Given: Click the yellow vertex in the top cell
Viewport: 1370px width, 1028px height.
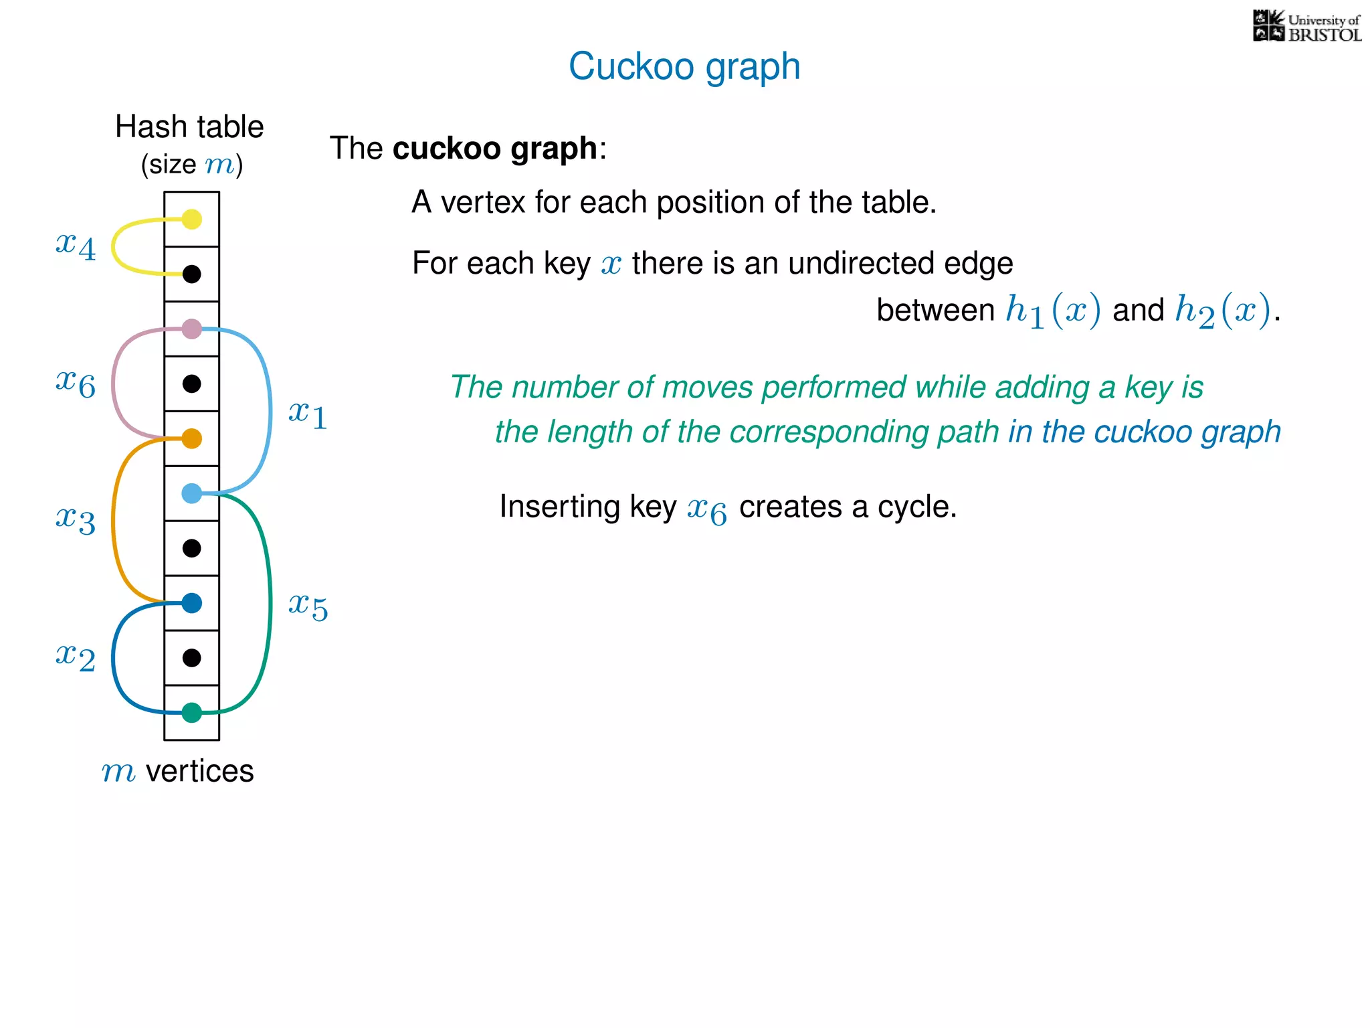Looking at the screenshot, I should (192, 220).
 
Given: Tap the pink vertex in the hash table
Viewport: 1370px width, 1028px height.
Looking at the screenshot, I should (192, 329).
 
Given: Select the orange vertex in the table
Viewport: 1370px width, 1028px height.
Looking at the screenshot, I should (192, 439).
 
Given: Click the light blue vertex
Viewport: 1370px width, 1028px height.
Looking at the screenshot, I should (192, 494).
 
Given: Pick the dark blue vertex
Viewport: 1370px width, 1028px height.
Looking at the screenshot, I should (192, 603).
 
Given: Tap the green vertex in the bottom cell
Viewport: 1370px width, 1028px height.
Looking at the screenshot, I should (192, 713).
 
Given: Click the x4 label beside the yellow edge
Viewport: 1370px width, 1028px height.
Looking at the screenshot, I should (76, 245).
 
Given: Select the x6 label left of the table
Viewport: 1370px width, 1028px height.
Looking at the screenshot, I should (76, 383).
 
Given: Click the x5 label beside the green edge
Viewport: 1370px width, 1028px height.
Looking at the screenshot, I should (308, 606).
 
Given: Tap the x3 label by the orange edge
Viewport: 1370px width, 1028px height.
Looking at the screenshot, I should (76, 519).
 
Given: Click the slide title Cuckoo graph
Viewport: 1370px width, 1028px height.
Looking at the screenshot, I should (684, 66).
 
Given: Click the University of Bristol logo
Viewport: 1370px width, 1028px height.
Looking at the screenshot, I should (1306, 27).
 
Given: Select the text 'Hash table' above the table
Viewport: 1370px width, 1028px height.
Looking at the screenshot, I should (189, 126).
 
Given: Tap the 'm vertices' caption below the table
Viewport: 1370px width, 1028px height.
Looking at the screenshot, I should (177, 771).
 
